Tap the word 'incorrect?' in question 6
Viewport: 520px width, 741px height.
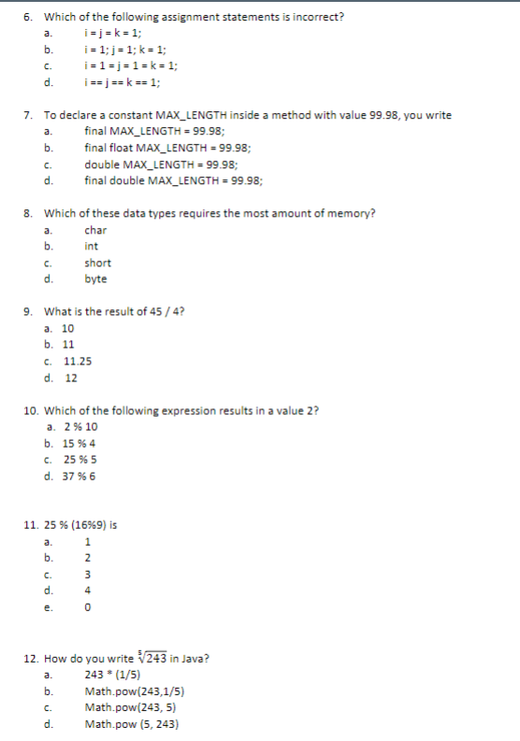coord(318,17)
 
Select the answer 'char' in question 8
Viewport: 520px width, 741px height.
coord(95,230)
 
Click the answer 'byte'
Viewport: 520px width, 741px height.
coord(95,278)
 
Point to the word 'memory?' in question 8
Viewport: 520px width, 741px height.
coord(354,213)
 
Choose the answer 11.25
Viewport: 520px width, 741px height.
coord(78,362)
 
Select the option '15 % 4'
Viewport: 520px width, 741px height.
coord(79,443)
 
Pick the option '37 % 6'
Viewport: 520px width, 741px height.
coord(79,476)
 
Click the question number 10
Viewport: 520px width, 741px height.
coord(30,410)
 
